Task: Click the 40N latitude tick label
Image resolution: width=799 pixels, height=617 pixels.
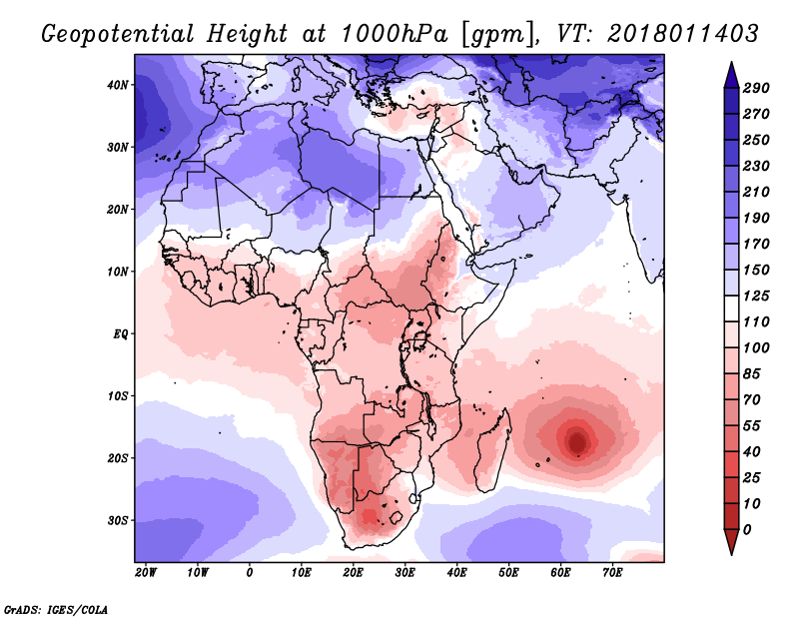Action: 118,85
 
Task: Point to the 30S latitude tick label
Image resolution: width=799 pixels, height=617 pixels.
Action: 118,521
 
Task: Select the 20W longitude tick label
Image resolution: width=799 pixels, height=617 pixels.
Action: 146,573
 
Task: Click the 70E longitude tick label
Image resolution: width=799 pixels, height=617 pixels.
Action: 612,573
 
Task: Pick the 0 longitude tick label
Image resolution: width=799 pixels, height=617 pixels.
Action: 249,573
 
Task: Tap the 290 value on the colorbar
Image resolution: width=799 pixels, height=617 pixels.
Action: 756,88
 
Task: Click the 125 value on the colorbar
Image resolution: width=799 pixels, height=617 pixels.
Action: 756,296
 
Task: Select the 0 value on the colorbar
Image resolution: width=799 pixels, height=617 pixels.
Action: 747,530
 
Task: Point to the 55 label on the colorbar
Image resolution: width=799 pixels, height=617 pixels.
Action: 752,426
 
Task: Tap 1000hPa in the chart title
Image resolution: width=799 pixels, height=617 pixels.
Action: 395,34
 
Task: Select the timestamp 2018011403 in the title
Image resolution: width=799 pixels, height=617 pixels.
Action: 683,34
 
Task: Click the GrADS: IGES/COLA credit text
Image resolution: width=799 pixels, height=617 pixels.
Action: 56,610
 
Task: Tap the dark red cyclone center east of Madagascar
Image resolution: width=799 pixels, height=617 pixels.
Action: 577,442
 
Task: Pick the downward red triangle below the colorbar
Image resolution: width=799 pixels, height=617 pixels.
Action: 731,541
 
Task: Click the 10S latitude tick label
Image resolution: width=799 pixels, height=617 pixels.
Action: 118,396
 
